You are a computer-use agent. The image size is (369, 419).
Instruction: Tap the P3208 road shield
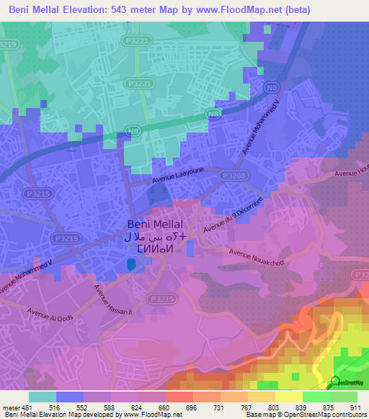click(233, 175)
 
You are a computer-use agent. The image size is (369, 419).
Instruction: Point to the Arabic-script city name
click(156, 236)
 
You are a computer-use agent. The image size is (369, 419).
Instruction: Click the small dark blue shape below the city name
click(130, 265)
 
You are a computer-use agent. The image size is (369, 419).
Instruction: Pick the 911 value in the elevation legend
click(355, 407)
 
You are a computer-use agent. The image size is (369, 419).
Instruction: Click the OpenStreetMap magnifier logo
click(336, 382)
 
